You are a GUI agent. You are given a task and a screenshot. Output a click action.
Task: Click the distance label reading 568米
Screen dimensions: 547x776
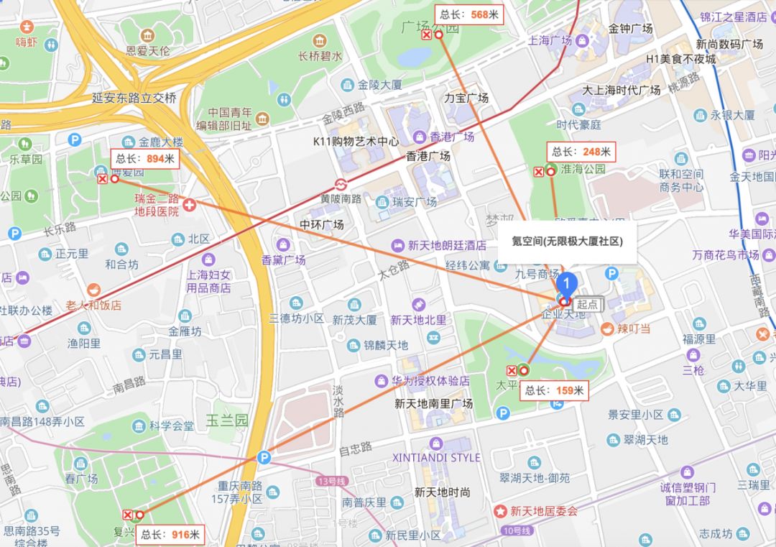pos(471,14)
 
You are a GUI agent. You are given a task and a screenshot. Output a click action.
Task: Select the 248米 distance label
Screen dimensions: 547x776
pos(581,152)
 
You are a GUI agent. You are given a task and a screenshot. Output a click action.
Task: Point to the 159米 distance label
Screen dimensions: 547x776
pos(555,391)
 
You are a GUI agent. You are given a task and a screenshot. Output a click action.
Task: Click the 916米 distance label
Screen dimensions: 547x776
pos(170,534)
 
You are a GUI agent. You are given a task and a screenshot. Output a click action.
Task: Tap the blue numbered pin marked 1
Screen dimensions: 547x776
pos(568,282)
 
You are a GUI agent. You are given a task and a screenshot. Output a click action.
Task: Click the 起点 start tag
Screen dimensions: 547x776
pos(587,304)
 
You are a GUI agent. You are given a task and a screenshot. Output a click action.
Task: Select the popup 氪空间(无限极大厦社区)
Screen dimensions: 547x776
pos(561,242)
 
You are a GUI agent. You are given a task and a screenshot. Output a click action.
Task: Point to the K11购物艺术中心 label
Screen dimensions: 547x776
pos(356,142)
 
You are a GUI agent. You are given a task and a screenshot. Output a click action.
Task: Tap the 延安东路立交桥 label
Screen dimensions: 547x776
pos(134,98)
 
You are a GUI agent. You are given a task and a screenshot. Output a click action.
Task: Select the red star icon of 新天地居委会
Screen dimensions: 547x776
pos(500,511)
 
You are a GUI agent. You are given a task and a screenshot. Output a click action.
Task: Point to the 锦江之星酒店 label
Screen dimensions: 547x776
pos(734,17)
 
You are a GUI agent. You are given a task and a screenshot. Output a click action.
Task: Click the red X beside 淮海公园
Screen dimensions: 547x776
pos(538,171)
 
